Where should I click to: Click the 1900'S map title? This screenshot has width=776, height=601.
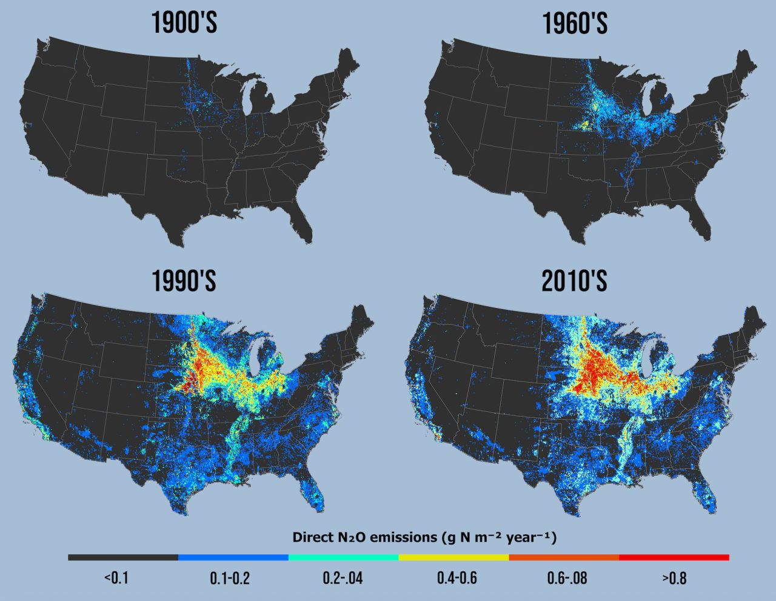point(184,24)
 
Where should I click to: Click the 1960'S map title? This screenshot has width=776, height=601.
point(574,24)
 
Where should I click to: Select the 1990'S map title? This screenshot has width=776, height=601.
point(184,281)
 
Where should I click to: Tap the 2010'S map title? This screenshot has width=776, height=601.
point(574,281)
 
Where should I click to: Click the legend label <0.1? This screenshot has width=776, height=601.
point(116,578)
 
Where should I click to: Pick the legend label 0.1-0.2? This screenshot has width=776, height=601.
point(230,578)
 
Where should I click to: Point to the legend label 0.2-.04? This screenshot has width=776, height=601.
point(343,578)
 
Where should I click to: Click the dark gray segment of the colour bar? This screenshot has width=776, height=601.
point(123,557)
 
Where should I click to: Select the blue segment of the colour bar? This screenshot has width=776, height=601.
point(233,557)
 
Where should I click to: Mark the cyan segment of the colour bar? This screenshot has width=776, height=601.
point(344,557)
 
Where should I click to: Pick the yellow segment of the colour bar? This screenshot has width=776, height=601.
point(453,557)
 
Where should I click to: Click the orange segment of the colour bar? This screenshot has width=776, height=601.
point(564,557)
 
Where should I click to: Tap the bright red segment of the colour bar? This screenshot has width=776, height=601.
point(674,557)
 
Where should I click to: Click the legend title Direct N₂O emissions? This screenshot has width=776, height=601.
point(424,537)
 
